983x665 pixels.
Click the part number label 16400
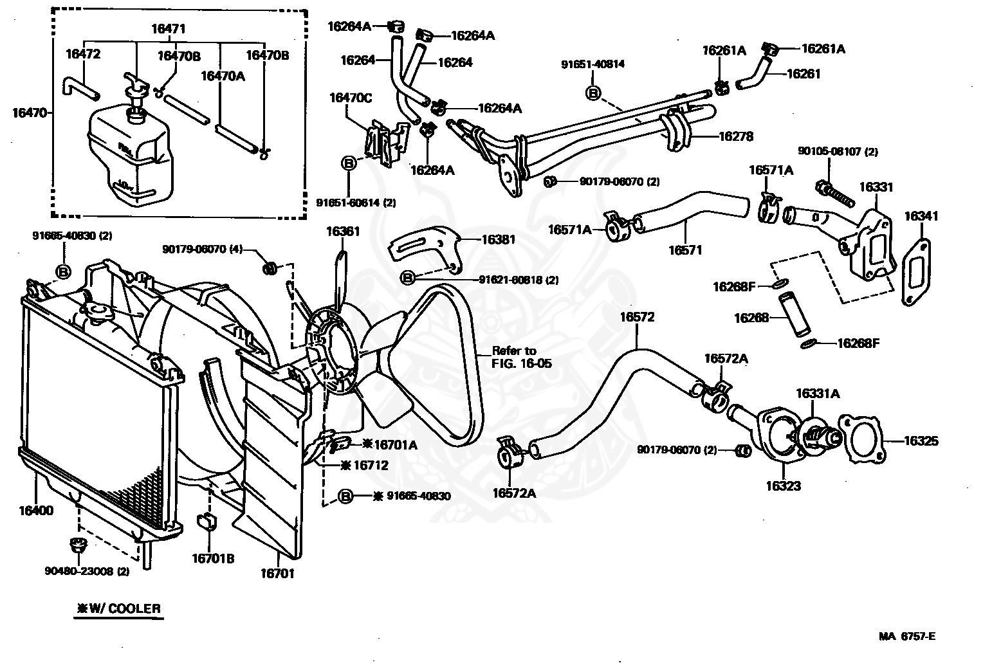(36, 511)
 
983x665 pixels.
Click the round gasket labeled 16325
(861, 440)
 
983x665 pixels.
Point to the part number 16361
(343, 232)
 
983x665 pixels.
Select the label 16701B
(212, 558)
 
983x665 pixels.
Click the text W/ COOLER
(118, 608)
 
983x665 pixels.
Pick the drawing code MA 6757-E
(907, 637)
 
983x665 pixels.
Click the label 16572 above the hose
(637, 317)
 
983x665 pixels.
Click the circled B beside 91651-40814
(593, 93)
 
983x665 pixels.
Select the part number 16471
(169, 28)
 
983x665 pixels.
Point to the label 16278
(735, 136)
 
